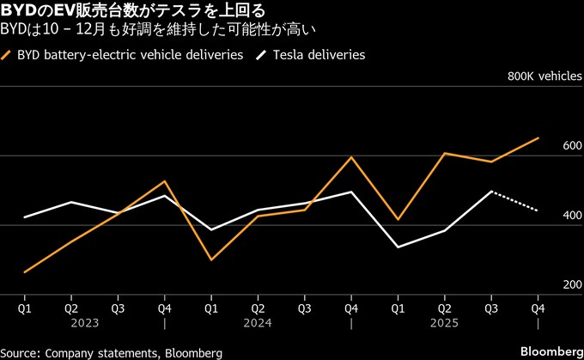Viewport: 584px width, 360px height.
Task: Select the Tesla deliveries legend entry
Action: pos(319,54)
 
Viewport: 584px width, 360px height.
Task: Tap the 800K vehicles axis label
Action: pos(544,76)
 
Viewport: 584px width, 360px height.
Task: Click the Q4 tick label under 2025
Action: pos(538,306)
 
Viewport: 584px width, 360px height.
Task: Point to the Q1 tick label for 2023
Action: pos(25,306)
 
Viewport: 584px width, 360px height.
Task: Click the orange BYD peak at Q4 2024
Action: pos(350,157)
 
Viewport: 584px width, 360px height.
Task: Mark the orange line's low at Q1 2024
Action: pos(210,259)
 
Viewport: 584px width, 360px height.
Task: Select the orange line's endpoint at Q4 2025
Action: pos(538,137)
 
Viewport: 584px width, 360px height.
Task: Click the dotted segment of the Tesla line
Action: pos(514,201)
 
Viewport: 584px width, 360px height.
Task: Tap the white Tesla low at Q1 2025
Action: pos(398,247)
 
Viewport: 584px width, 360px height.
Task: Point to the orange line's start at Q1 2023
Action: pos(25,272)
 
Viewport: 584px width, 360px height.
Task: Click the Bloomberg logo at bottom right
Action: pos(550,352)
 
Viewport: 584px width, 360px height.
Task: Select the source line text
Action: pos(112,352)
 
